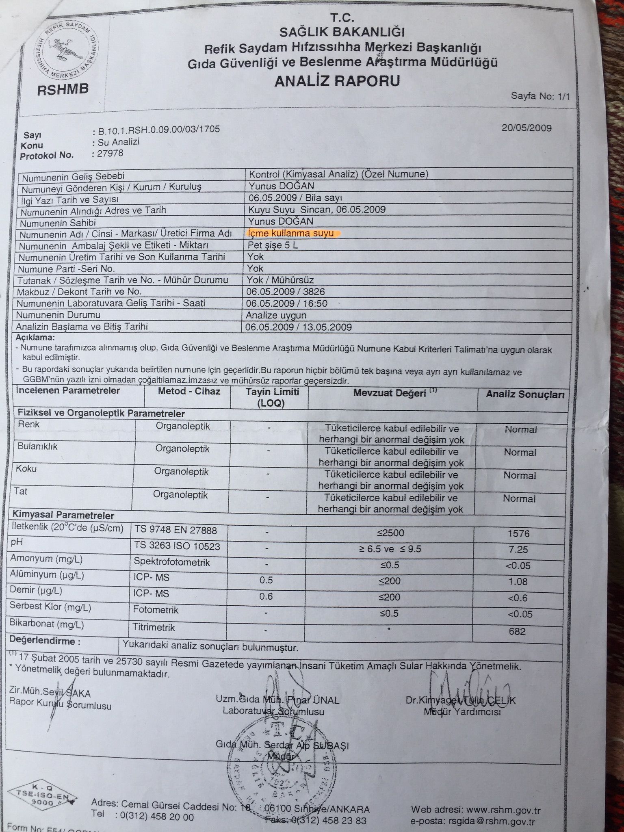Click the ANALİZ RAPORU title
tap(337, 81)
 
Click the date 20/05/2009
tap(526, 128)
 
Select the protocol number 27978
tap(108, 153)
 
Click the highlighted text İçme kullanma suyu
tap(291, 233)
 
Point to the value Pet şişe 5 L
tap(273, 245)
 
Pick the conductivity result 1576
tap(518, 533)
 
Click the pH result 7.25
tap(518, 549)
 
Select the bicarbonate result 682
tap(517, 631)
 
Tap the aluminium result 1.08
tap(518, 582)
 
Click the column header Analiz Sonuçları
tap(525, 394)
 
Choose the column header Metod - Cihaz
tap(189, 391)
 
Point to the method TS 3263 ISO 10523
tap(177, 546)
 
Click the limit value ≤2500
tap(391, 533)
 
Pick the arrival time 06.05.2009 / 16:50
tap(287, 303)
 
